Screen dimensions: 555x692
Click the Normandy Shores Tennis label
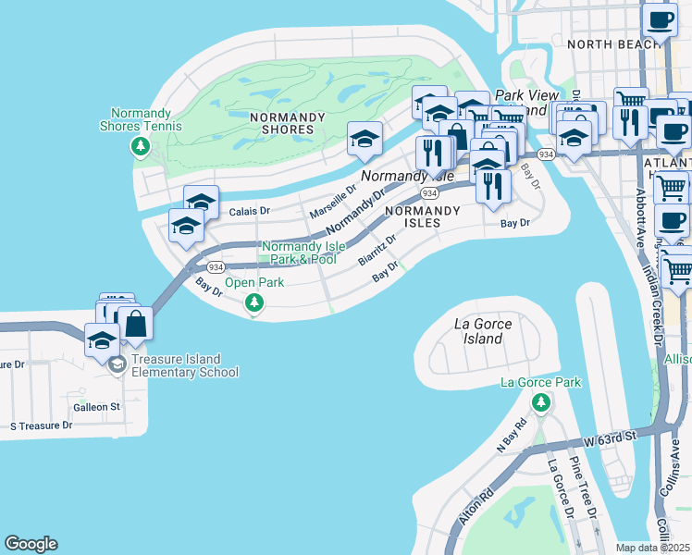click(146, 119)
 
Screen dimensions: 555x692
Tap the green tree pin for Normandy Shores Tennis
click(141, 146)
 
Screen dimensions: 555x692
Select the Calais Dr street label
click(249, 211)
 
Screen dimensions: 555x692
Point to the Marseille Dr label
click(333, 200)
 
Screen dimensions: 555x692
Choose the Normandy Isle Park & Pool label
click(299, 253)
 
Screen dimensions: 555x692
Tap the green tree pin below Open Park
click(253, 302)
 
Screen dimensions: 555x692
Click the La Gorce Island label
click(483, 331)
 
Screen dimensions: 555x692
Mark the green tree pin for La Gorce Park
click(541, 402)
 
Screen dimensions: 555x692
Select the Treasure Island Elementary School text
click(184, 365)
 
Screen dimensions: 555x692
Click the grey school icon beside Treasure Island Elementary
click(117, 364)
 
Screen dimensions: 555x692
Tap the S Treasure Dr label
click(41, 425)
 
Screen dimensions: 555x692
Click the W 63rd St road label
click(612, 436)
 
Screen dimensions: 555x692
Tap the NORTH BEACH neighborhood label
click(604, 43)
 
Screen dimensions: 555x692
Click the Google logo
click(31, 544)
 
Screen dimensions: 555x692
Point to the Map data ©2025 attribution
click(652, 548)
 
